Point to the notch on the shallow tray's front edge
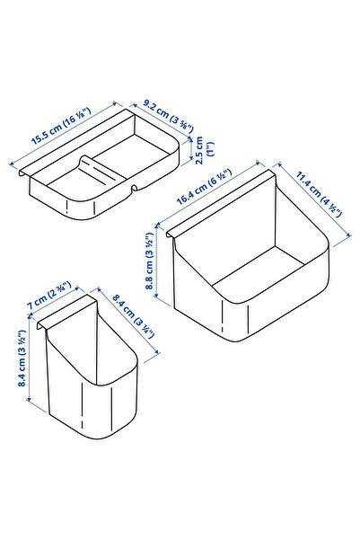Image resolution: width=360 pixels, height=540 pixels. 131,190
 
